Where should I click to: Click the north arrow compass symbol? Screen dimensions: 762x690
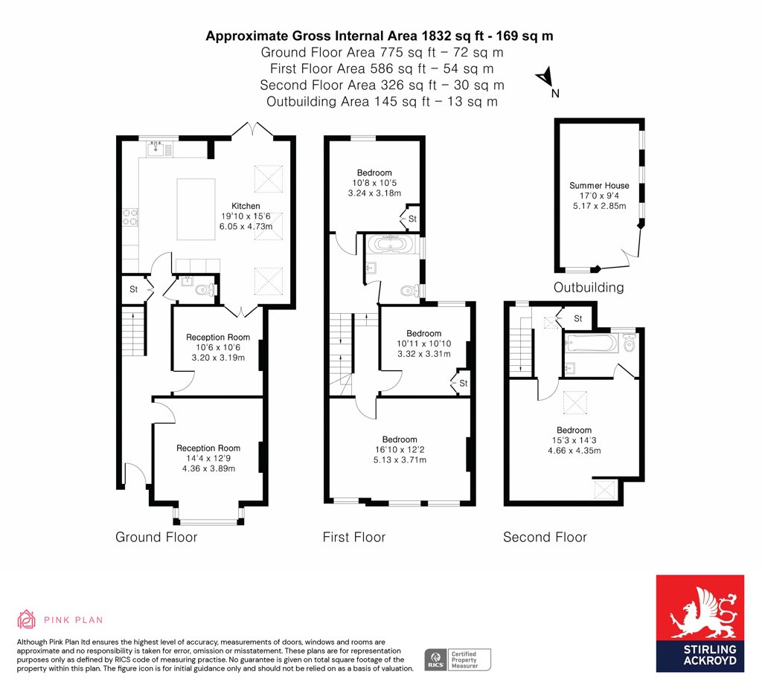545,77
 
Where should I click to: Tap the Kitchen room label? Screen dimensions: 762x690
246,206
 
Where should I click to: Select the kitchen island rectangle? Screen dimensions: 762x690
196,209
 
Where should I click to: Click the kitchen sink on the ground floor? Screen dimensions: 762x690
155,147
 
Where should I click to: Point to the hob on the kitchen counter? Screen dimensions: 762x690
129,217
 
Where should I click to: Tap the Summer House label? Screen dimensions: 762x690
599,185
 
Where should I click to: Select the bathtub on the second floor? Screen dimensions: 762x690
591,344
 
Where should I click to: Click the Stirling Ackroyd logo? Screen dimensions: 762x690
699,624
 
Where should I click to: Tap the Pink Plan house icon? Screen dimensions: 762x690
26,619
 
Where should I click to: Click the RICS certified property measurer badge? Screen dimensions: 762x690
458,660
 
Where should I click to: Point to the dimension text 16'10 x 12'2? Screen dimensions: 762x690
400,450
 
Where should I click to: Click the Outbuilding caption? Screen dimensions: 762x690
589,288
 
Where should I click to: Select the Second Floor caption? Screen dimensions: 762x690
545,537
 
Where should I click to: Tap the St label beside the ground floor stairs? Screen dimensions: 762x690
134,289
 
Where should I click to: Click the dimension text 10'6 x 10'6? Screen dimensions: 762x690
218,347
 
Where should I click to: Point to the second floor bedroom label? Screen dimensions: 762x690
574,431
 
